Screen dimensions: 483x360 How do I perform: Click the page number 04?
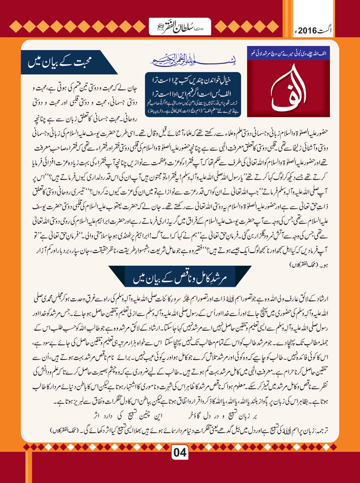(x=180, y=452)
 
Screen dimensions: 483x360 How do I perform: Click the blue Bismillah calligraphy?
(x=193, y=60)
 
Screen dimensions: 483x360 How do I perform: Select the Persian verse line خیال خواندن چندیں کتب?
(x=193, y=80)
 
